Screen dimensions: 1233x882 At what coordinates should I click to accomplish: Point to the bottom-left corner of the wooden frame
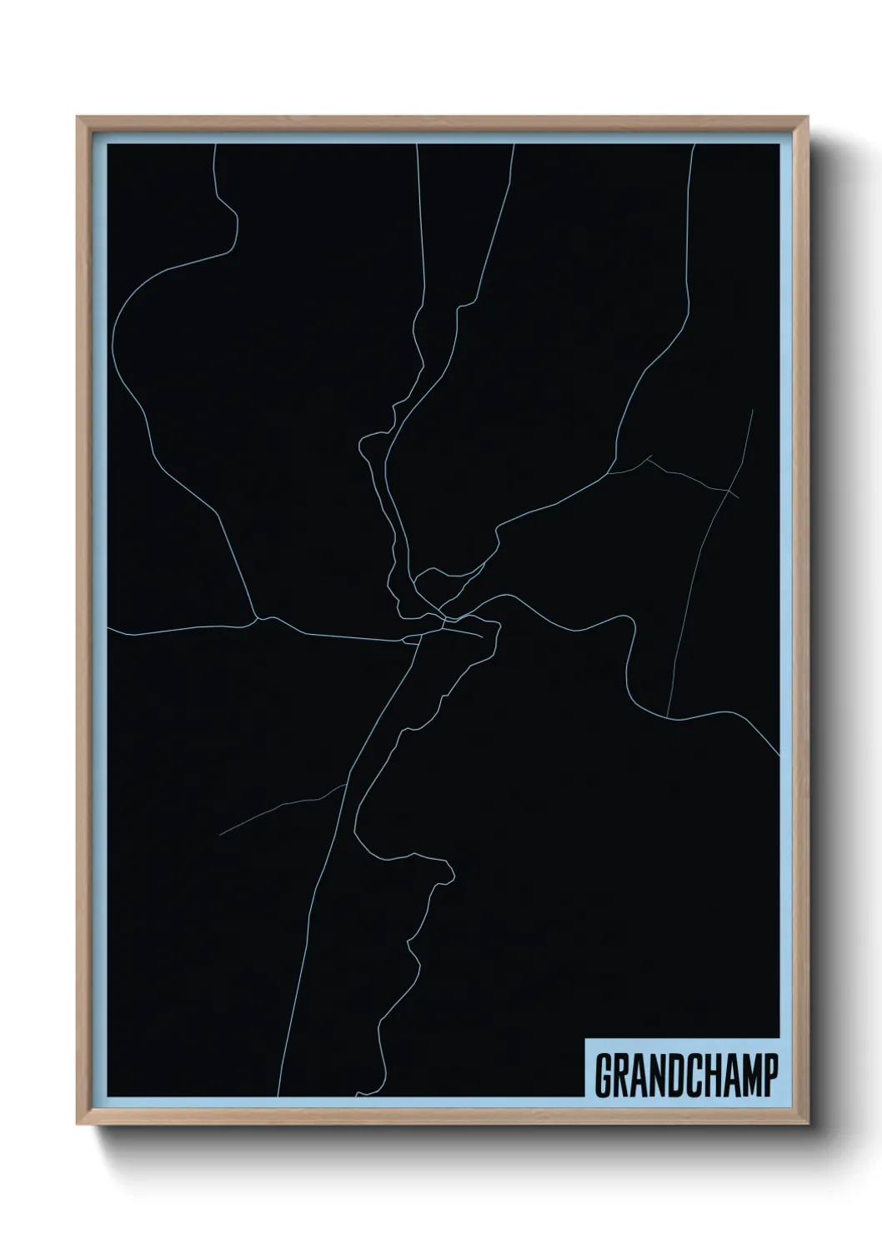[x=78, y=1126]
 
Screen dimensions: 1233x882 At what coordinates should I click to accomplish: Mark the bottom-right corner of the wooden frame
[x=808, y=1126]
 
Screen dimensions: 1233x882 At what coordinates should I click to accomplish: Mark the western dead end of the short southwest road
[x=221, y=834]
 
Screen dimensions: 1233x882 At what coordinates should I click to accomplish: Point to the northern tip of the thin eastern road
[x=753, y=409]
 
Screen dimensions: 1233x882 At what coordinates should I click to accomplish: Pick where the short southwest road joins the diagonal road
[x=345, y=784]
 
